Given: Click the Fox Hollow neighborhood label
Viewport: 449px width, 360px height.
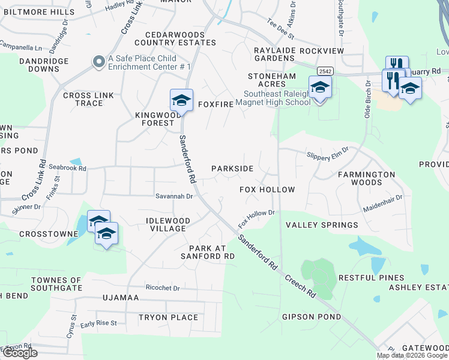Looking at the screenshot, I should [x=267, y=190].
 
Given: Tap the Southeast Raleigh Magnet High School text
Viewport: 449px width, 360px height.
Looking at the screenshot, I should [x=277, y=98].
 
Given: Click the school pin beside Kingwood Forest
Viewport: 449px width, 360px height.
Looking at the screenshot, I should [x=181, y=100].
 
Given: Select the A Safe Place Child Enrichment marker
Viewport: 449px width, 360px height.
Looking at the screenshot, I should [x=98, y=62].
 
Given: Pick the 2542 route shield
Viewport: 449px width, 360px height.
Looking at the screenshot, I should [x=325, y=71].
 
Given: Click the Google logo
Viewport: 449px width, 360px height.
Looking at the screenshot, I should [x=19, y=353].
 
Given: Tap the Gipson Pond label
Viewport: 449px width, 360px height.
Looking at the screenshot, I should [x=311, y=317].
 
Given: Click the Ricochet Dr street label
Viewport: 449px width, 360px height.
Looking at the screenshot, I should [x=162, y=288].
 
